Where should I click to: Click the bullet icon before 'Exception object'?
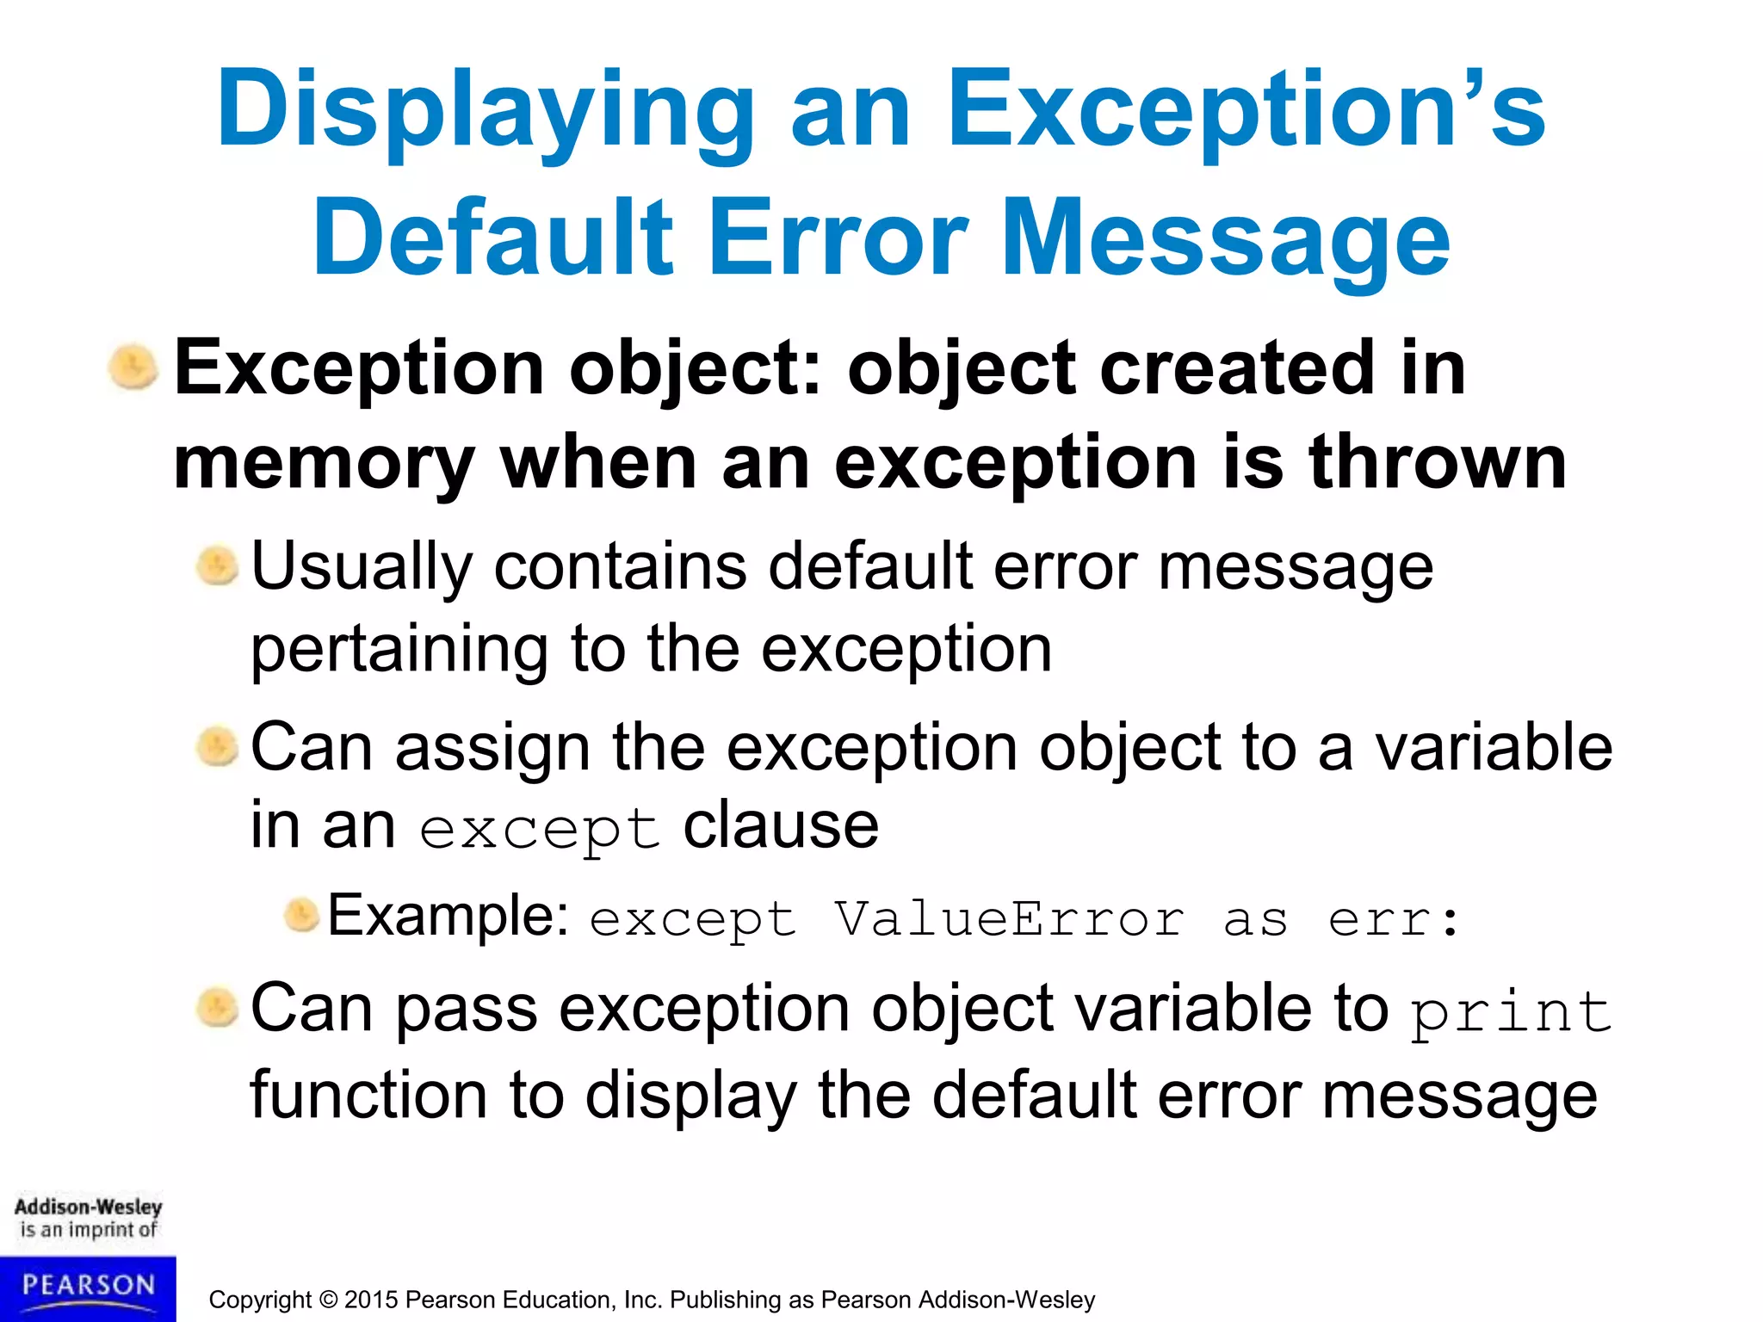tap(133, 368)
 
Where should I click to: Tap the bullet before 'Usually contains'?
tap(217, 567)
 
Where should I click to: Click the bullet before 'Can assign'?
tap(217, 747)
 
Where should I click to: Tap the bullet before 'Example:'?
tap(301, 915)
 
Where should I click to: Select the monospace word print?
tap(1510, 1012)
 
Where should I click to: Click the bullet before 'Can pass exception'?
tap(217, 1008)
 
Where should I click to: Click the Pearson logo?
tap(88, 1288)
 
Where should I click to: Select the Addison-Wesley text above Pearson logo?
tap(88, 1207)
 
